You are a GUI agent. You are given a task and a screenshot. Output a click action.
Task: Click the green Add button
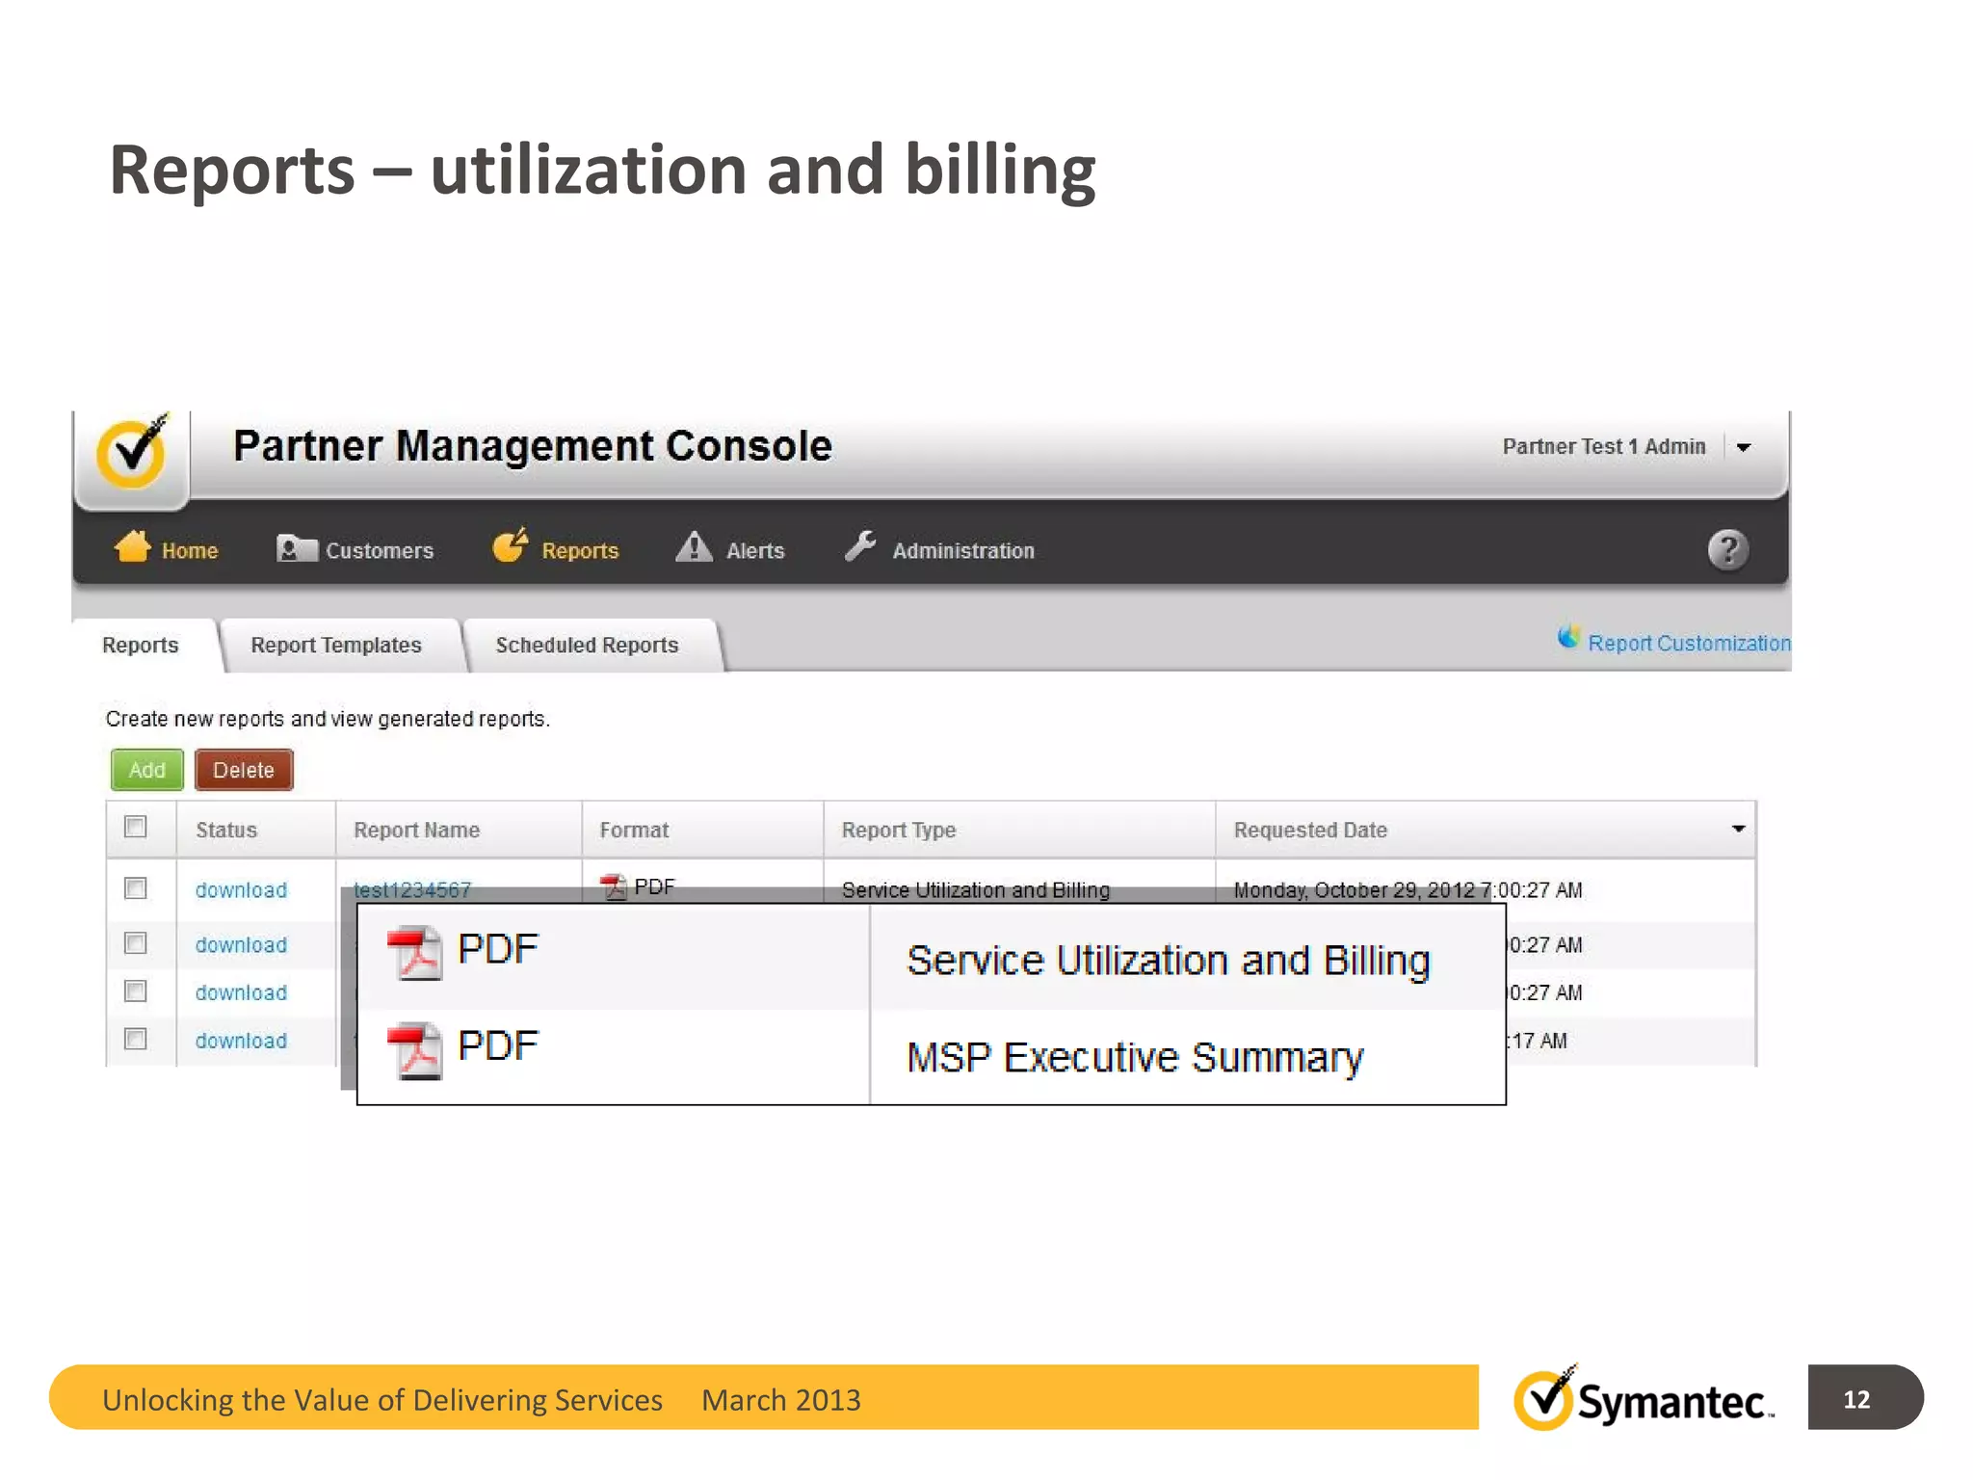(x=146, y=770)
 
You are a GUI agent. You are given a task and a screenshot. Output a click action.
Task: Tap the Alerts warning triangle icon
(x=694, y=547)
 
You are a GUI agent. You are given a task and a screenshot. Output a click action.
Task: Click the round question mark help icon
(x=1727, y=549)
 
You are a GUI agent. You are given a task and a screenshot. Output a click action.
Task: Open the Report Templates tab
(x=335, y=645)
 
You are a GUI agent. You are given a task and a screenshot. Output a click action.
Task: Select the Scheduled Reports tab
(x=587, y=645)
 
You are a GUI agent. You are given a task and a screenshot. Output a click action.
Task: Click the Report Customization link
(x=1688, y=643)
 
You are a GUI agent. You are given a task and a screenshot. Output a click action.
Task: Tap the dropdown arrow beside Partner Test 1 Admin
(x=1744, y=447)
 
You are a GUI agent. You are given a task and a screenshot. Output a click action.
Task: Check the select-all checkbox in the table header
(x=136, y=827)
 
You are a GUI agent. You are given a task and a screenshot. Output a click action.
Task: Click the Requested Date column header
(x=1310, y=830)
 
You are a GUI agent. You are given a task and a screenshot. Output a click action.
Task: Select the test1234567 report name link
(x=412, y=888)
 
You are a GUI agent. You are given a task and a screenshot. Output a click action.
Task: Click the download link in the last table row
(x=241, y=1041)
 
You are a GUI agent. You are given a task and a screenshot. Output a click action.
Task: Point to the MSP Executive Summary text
(x=1135, y=1057)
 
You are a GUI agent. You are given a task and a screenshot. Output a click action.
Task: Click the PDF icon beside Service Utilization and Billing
(x=415, y=952)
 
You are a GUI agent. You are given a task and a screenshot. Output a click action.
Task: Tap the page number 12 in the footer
(x=1855, y=1399)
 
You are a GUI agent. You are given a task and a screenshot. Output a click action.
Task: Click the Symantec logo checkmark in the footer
(x=1545, y=1399)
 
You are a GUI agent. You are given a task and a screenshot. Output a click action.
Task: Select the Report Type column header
(x=898, y=830)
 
